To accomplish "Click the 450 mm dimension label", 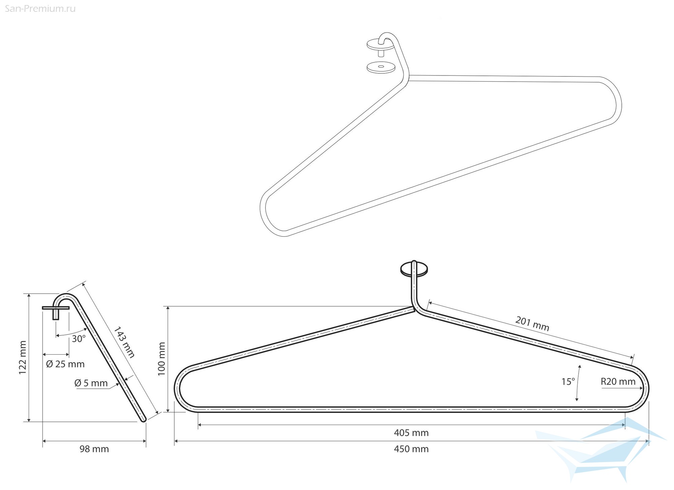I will coord(411,449).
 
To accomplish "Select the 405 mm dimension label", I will coord(411,433).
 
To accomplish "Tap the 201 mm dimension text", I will coord(532,324).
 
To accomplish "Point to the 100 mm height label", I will coord(162,359).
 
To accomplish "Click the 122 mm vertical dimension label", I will coord(22,358).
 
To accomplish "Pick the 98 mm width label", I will coord(94,449).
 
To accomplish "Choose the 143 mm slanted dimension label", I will coord(124,342).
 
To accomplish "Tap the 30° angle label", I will coord(79,339).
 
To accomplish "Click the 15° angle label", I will coord(568,382).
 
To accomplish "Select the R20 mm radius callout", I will coord(618,382).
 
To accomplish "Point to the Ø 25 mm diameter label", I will coord(65,364).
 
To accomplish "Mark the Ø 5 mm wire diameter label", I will coord(91,383).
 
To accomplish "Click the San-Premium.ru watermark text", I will coord(40,9).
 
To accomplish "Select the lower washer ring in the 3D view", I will coord(381,67).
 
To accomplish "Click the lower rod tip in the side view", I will coord(144,419).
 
